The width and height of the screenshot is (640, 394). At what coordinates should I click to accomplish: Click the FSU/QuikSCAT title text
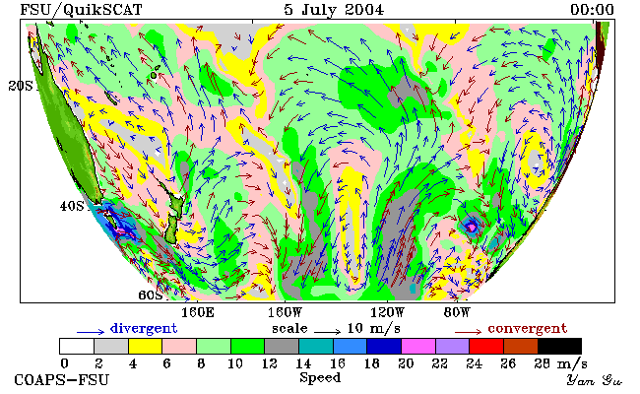[81, 10]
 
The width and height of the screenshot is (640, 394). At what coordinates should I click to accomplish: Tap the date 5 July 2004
[334, 10]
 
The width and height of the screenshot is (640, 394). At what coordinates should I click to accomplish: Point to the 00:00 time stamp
[592, 10]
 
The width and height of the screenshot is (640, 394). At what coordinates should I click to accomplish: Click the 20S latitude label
[21, 86]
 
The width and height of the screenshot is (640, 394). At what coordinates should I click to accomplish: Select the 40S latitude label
[72, 206]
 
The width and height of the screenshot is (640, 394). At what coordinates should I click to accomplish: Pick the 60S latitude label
[151, 295]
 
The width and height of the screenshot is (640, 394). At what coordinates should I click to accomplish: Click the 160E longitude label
[198, 313]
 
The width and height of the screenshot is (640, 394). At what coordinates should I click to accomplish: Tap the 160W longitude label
[285, 313]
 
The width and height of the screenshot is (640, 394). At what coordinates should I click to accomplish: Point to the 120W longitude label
[387, 313]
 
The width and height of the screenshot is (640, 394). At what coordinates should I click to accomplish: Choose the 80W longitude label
[457, 313]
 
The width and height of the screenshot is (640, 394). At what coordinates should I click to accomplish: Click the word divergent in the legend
[144, 329]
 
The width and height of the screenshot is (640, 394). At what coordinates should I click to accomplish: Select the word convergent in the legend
[528, 329]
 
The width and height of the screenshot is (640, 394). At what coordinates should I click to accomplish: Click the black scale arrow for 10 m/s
[327, 331]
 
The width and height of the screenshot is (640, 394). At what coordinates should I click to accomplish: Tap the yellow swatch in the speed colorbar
[145, 346]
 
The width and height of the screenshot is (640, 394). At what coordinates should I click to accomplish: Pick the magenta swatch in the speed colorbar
[418, 346]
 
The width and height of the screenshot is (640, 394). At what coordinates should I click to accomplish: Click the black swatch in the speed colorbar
[559, 346]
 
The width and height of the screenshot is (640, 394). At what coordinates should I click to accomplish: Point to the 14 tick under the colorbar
[303, 363]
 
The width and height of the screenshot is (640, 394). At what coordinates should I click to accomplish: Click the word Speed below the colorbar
[320, 378]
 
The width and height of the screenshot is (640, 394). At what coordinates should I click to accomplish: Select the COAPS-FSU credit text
[62, 380]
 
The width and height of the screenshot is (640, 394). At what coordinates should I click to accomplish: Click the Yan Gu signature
[595, 380]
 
